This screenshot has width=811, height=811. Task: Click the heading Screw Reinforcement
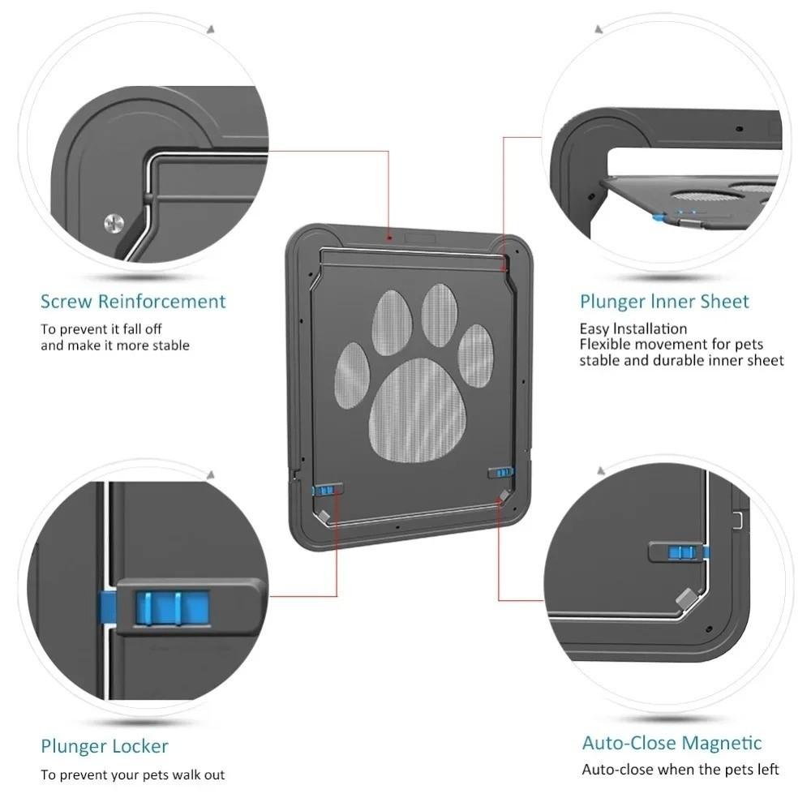point(133,302)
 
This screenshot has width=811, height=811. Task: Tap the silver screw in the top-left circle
point(114,222)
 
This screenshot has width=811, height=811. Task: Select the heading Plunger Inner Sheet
point(664,302)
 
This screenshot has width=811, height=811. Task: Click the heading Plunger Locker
point(105,746)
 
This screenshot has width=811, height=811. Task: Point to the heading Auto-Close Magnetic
point(672,743)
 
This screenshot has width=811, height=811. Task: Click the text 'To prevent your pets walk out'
point(133,775)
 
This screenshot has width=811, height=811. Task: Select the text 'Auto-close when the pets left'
point(680,769)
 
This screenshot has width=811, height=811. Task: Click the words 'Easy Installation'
point(633,328)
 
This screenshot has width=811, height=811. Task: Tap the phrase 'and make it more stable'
point(115,345)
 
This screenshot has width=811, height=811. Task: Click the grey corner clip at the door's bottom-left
point(324,516)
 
